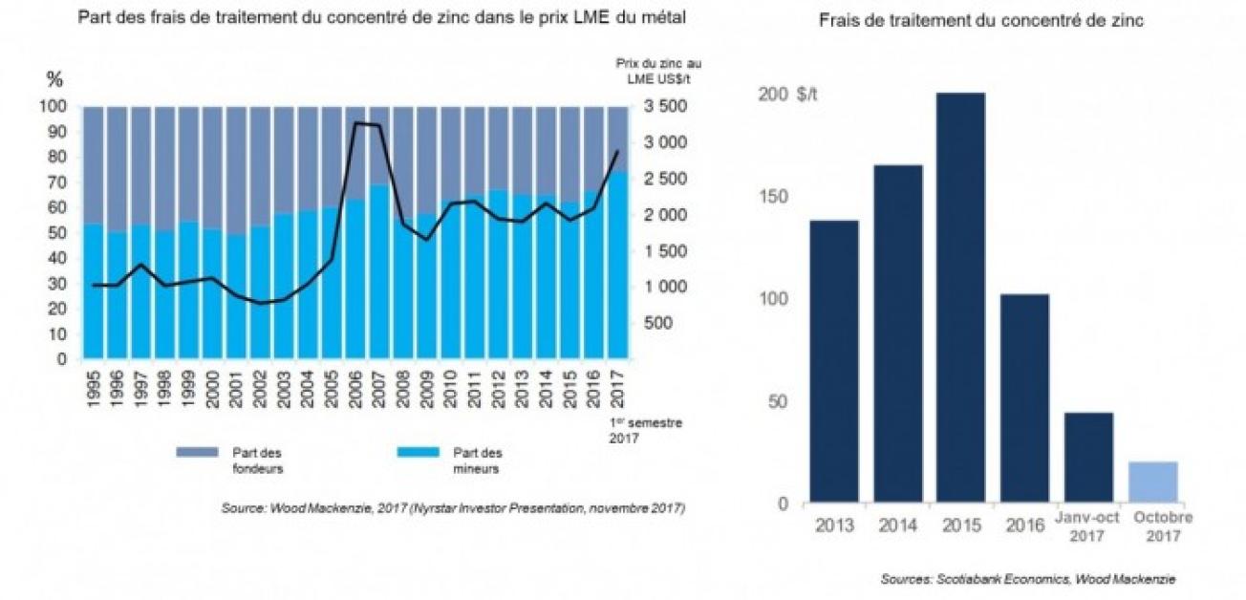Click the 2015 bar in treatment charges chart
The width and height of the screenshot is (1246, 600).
pyautogui.click(x=960, y=297)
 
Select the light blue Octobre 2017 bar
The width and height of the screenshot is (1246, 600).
pyautogui.click(x=1152, y=482)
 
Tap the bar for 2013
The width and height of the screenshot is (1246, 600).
pyautogui.click(x=834, y=361)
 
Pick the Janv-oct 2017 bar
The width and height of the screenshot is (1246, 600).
pyautogui.click(x=1088, y=458)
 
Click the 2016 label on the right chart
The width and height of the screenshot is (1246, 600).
pyautogui.click(x=1023, y=525)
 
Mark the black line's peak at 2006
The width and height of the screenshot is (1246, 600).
pyautogui.click(x=356, y=123)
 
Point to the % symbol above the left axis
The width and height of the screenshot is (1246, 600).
pyautogui.click(x=54, y=79)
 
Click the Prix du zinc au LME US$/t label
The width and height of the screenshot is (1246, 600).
pyautogui.click(x=665, y=70)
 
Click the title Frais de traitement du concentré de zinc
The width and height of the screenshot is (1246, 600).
pyautogui.click(x=981, y=21)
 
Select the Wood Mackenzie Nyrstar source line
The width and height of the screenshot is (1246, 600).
pyautogui.click(x=453, y=508)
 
